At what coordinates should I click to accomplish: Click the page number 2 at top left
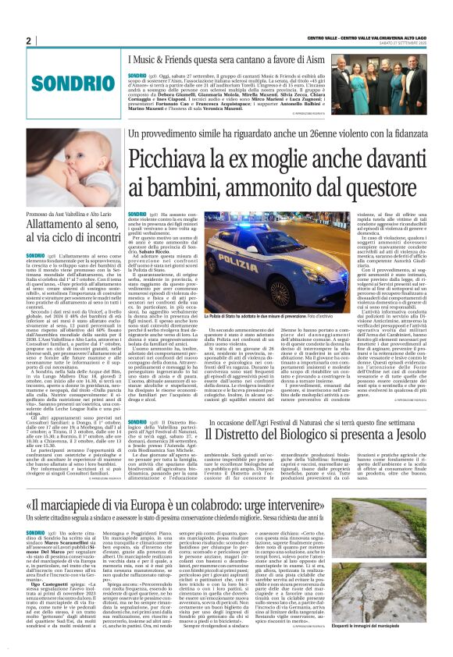[27, 41]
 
